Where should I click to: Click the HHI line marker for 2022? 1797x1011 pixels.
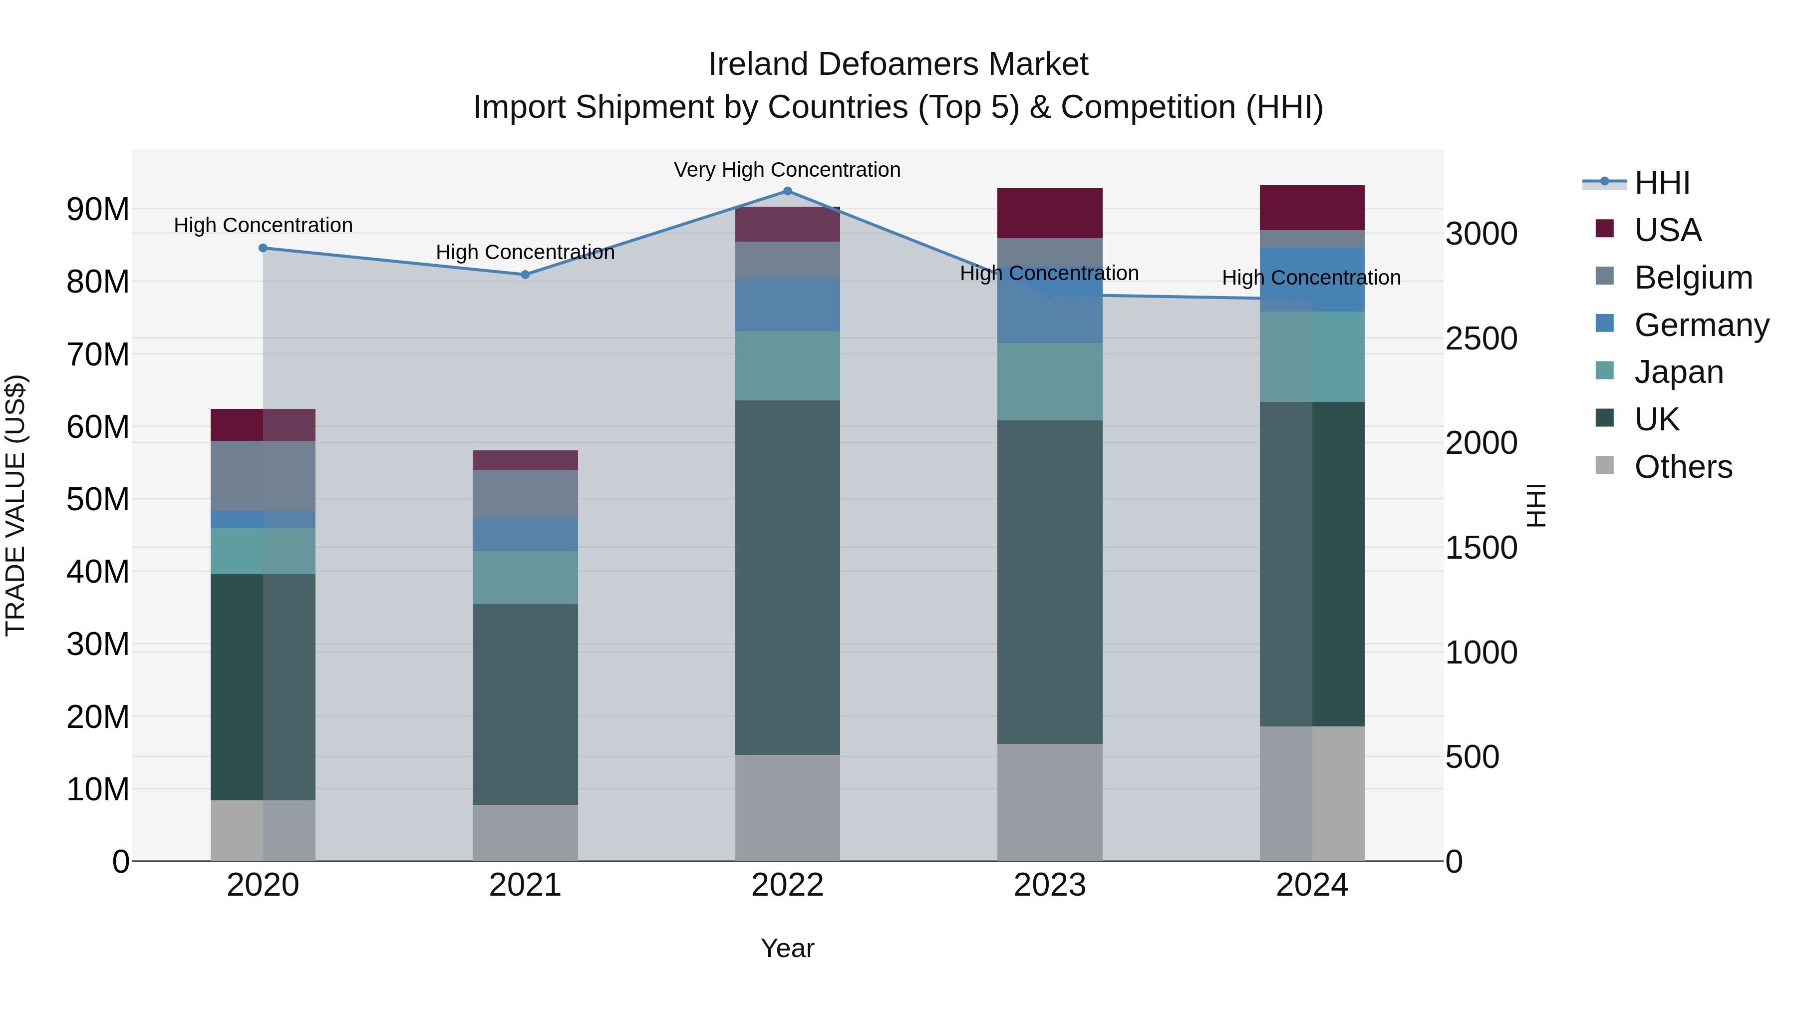(788, 191)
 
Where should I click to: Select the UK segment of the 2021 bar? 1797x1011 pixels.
(525, 704)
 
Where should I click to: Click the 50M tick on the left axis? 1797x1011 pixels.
(98, 500)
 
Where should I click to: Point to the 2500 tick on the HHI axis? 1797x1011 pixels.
(1481, 339)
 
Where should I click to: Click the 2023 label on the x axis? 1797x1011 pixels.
(1049, 885)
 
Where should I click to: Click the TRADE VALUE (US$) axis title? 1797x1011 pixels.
(15, 505)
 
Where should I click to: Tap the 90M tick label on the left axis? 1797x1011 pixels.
(98, 209)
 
